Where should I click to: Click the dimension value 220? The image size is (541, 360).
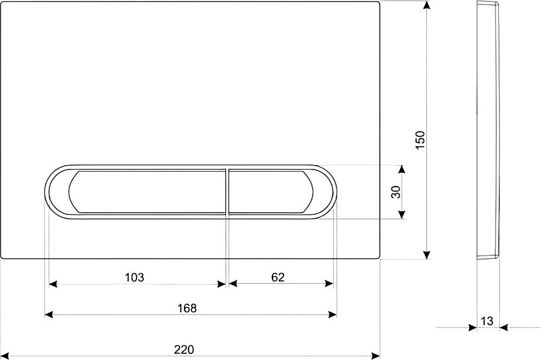[x=184, y=350]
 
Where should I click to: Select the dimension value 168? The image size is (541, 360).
[x=187, y=308]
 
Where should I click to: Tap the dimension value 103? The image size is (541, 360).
[x=134, y=277]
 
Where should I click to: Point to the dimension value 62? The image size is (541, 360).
[x=278, y=277]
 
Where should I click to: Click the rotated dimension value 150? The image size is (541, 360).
[x=420, y=140]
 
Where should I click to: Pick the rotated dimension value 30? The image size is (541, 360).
[x=396, y=192]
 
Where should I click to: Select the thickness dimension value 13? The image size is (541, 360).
[x=487, y=321]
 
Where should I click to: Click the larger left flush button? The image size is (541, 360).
[x=147, y=192]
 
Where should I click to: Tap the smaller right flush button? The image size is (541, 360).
[x=270, y=192]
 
